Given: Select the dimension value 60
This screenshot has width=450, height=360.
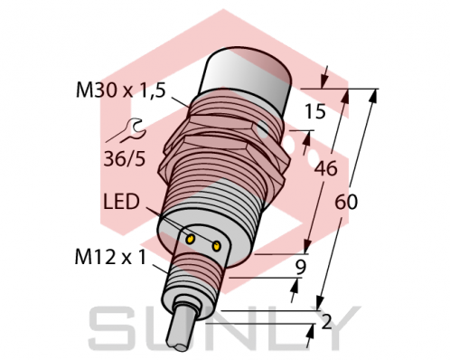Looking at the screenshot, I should click(345, 203).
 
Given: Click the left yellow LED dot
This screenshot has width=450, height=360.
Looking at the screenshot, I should click(192, 239).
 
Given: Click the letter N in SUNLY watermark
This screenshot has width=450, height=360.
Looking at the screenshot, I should click(226, 329).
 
